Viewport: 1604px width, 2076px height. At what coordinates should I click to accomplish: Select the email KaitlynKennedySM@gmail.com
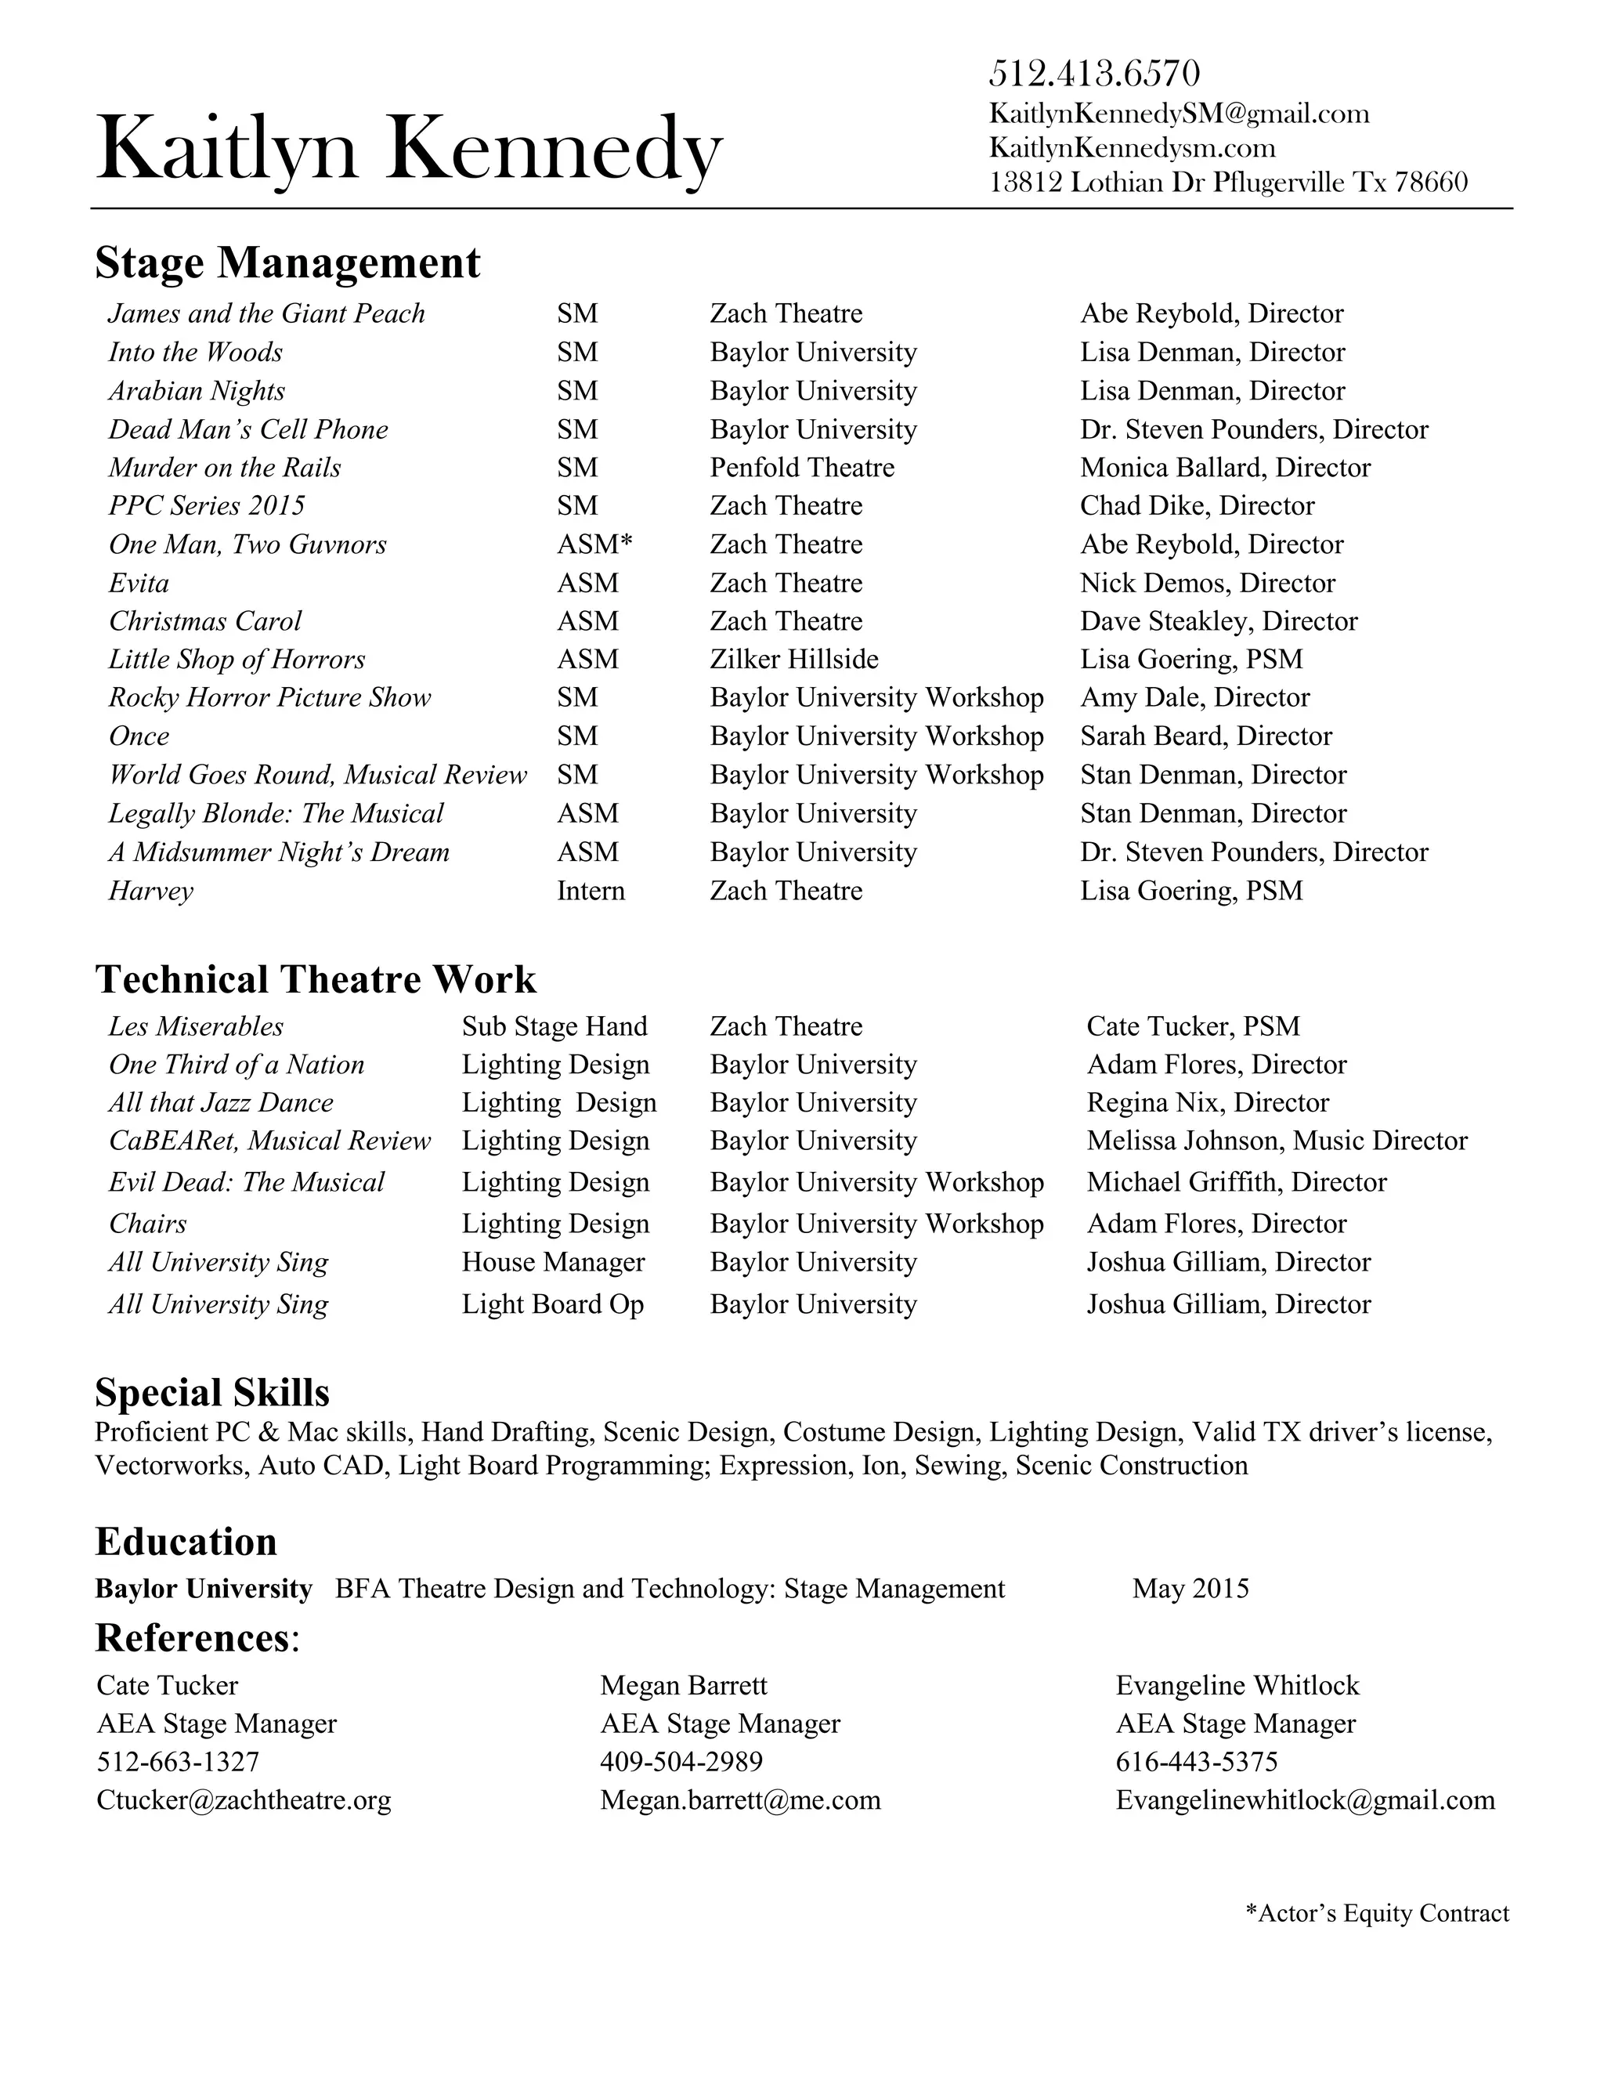tap(1178, 114)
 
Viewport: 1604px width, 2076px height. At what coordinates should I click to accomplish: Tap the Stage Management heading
tap(287, 262)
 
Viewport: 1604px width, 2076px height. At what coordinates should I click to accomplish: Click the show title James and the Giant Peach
tap(266, 313)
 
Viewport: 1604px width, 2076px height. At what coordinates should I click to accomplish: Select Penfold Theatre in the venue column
tap(801, 468)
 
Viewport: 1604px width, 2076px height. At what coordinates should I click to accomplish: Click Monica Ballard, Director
tap(1224, 468)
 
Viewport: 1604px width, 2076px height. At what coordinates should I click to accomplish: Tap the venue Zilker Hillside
tap(793, 660)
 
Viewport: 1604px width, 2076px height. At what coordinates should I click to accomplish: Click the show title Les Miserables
tap(196, 1026)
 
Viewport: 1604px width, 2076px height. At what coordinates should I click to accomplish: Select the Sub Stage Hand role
tap(554, 1026)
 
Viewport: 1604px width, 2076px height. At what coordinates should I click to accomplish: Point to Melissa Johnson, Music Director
tap(1276, 1141)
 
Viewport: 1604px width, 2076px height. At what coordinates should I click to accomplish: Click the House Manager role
tap(553, 1262)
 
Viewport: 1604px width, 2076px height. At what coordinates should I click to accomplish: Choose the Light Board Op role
tap(552, 1304)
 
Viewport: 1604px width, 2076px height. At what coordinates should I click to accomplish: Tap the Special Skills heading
tap(212, 1393)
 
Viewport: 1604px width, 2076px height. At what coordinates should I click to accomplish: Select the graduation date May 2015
tap(1190, 1590)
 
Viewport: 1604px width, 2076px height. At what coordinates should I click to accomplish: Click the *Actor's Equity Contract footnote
tap(1376, 1914)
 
